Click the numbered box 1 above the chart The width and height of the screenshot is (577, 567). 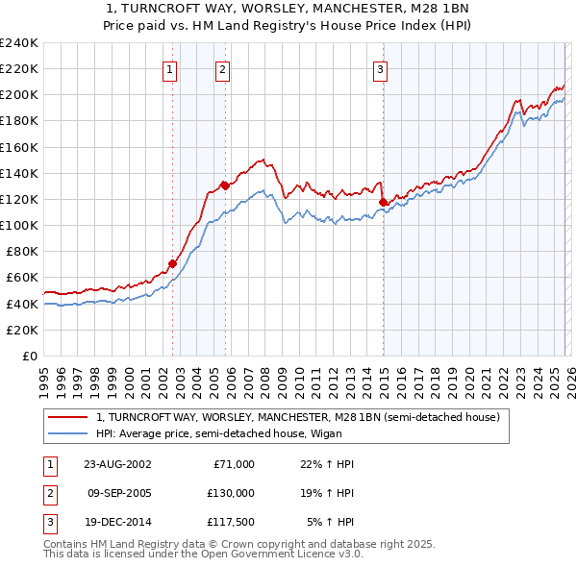(x=169, y=69)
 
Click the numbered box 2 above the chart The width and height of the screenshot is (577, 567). (x=222, y=69)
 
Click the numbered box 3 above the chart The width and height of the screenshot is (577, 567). (x=381, y=69)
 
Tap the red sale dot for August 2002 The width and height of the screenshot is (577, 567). (x=173, y=262)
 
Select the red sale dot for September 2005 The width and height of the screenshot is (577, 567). (x=225, y=185)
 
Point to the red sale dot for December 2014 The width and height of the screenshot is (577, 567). (x=383, y=202)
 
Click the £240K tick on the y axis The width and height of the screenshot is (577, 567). (x=19, y=43)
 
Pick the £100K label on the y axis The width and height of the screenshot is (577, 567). (x=19, y=225)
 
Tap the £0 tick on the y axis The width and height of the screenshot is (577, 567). (x=29, y=356)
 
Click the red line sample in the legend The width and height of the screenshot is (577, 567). (x=67, y=417)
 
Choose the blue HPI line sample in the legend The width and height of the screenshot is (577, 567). (x=67, y=433)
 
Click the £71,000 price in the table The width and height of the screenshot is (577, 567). (x=234, y=464)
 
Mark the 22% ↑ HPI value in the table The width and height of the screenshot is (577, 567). (x=328, y=464)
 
